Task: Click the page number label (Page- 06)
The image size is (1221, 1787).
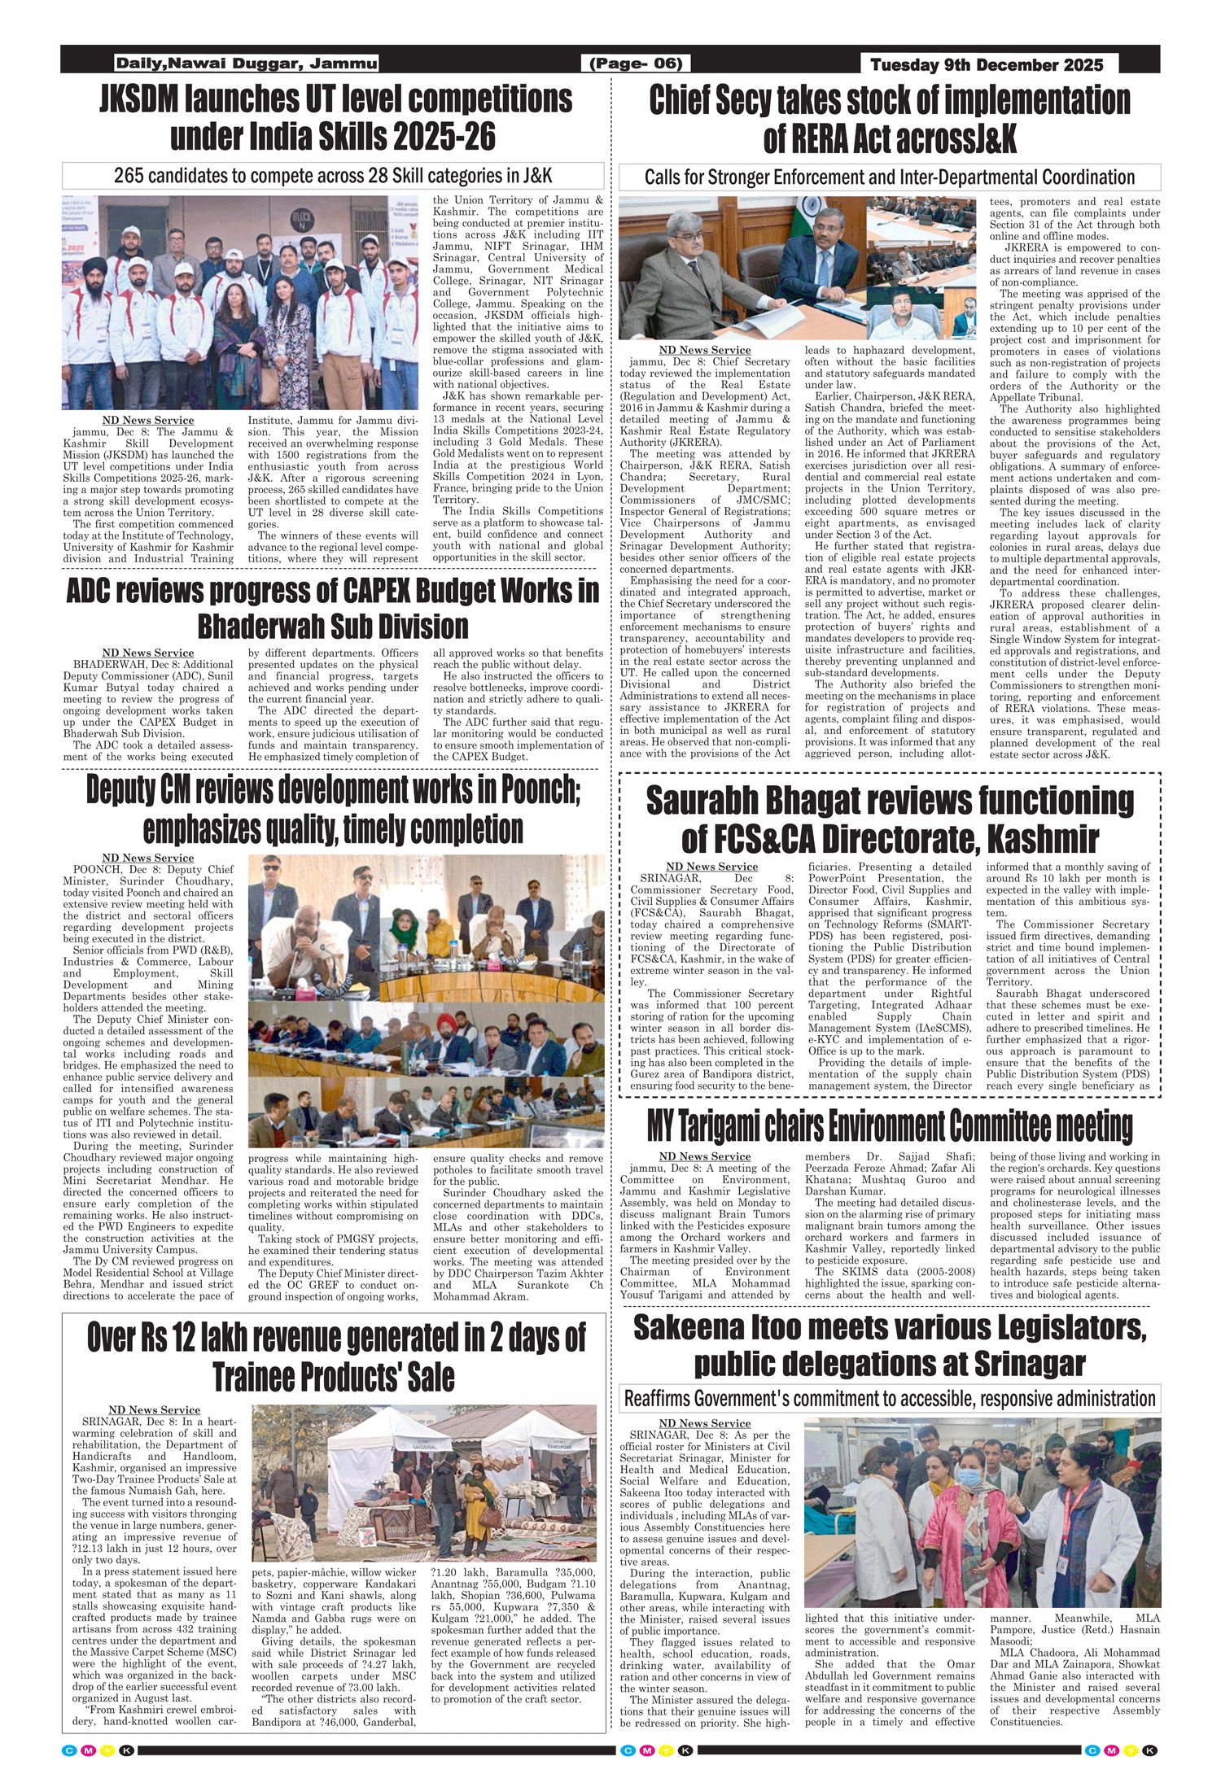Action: tap(635, 63)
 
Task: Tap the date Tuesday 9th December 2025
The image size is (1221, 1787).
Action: tap(987, 65)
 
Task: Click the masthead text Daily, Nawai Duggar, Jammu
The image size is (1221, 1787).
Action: tap(247, 63)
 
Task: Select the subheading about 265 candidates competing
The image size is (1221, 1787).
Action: tap(333, 176)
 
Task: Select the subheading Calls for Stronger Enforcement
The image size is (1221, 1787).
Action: tap(889, 177)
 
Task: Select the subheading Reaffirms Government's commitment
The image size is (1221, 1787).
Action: tap(889, 1399)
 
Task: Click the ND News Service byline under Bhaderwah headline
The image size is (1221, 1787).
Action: tap(148, 653)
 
